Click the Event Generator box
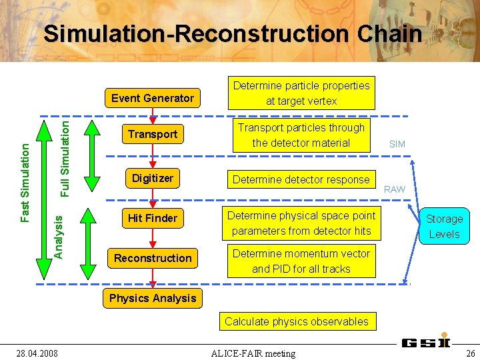pos(153,98)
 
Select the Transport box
pos(153,134)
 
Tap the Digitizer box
pos(153,178)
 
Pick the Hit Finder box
pos(153,218)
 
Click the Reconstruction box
pos(153,258)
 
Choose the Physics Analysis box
pos(153,298)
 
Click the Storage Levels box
pos(444,226)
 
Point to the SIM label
pos(397,144)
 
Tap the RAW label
pos(394,189)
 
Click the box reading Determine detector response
pos(301,179)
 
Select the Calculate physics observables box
pos(297,321)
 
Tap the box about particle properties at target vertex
pos(301,93)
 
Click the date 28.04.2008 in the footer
pos(37,353)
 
